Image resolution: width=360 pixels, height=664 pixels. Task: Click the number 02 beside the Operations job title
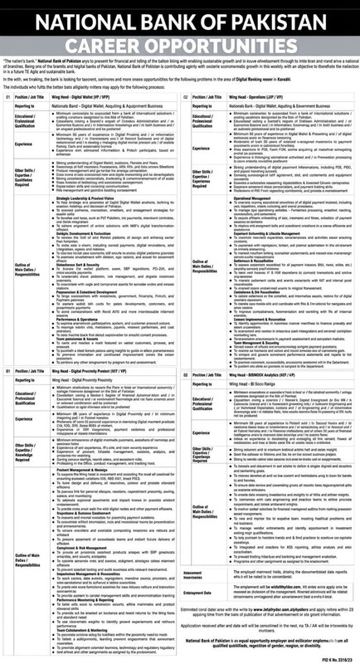tap(186, 95)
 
